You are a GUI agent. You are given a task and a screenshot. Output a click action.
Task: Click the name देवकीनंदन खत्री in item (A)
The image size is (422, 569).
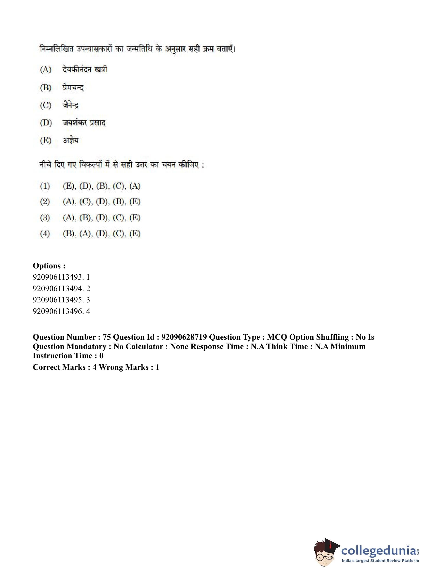pyautogui.click(x=85, y=69)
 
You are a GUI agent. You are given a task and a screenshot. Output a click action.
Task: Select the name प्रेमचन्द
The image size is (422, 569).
pyautogui.click(x=73, y=88)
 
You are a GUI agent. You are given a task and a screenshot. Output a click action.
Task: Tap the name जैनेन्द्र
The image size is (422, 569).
pyautogui.click(x=71, y=105)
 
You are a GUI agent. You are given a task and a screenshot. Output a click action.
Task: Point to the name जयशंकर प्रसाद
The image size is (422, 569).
pyautogui.click(x=84, y=123)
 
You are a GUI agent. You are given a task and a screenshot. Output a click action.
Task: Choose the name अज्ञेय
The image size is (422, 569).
pyautogui.click(x=71, y=140)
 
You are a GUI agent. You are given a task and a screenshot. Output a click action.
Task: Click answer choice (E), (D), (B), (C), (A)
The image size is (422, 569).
pyautogui.click(x=102, y=186)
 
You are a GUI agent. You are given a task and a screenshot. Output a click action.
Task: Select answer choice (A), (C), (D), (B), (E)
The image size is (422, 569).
pyautogui.click(x=102, y=202)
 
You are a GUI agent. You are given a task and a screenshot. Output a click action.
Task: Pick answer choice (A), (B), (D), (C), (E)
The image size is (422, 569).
pyautogui.click(x=102, y=218)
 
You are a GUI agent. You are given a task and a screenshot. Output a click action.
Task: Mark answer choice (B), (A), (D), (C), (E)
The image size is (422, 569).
pyautogui.click(x=102, y=233)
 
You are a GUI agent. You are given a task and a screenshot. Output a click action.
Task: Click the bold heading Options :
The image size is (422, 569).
pyautogui.click(x=49, y=266)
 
